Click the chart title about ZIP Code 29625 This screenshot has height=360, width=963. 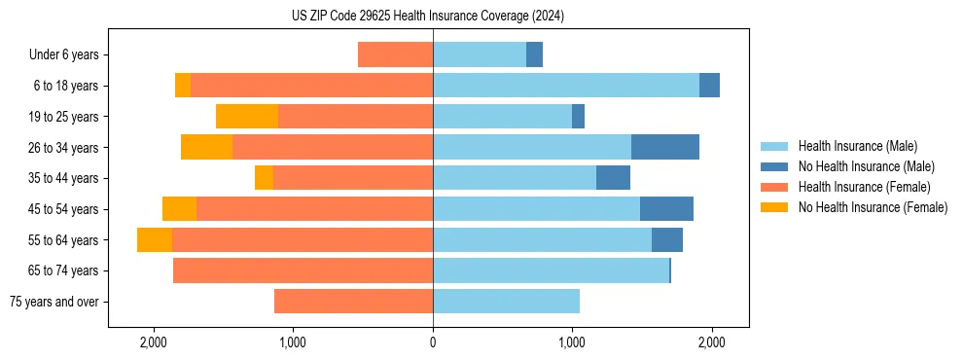(x=428, y=17)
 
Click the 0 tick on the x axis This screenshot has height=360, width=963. (x=433, y=342)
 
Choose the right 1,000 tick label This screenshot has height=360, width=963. (x=572, y=342)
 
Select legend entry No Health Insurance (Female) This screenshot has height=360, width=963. (x=873, y=207)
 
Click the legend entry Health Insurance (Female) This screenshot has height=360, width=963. (x=865, y=187)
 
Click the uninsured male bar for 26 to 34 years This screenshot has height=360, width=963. (x=665, y=147)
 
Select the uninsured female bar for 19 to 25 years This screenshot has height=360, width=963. (x=247, y=117)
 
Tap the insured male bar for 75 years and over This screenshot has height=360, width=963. (x=506, y=302)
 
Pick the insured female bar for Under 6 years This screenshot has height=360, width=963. (x=395, y=54)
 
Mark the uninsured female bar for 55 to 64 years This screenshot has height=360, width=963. (x=155, y=240)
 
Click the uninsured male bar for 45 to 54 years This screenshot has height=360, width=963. (x=666, y=209)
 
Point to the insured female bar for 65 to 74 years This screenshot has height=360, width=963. (x=303, y=270)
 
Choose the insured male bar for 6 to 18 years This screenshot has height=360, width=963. (x=566, y=86)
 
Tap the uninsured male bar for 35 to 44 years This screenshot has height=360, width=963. (x=613, y=178)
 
